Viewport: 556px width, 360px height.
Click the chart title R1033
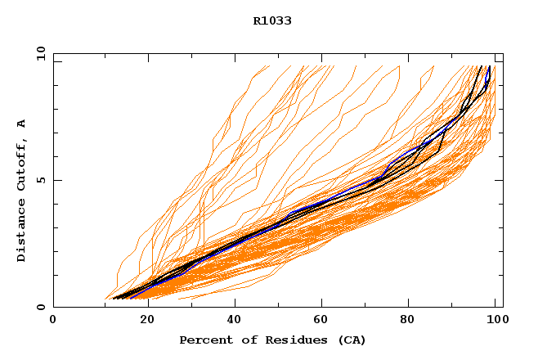tap(272, 20)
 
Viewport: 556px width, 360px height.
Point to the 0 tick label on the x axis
tap(53, 320)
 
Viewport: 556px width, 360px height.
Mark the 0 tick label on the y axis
tap(40, 307)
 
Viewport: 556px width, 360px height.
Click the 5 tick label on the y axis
tap(40, 180)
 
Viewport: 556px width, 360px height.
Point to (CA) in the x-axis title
tap(350, 340)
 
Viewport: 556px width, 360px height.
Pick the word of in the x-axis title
tap(242, 340)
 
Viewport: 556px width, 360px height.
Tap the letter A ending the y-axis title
tap(21, 124)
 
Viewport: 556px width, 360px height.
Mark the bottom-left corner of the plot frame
tap(53, 307)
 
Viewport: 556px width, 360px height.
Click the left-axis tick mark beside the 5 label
tap(56, 180)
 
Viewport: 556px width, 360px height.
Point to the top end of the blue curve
tap(489, 67)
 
